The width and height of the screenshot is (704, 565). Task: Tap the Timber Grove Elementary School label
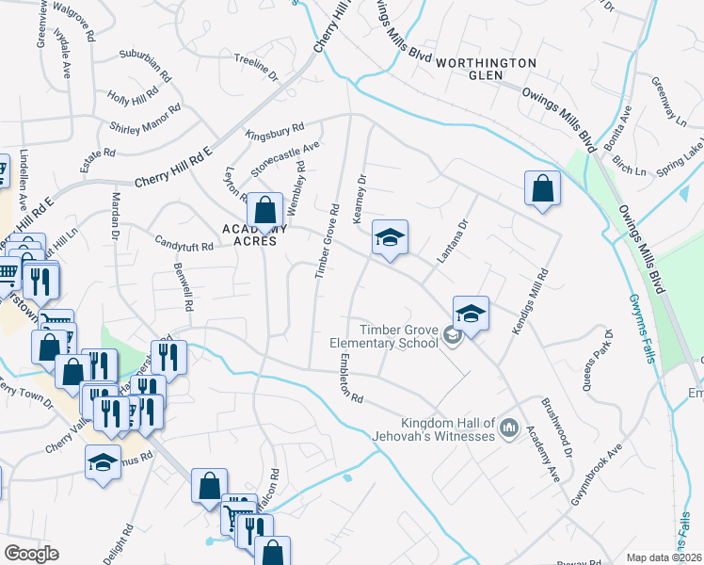tap(399, 336)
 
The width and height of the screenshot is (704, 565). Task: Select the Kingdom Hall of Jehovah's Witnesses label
tap(447, 428)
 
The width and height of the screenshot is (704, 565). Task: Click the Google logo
tap(31, 554)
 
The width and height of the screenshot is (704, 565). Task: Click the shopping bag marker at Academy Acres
tap(265, 209)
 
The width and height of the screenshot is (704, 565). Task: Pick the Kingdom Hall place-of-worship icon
tap(509, 428)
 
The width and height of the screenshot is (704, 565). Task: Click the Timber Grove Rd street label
tap(325, 240)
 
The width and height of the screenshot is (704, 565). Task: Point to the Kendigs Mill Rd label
tap(528, 302)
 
